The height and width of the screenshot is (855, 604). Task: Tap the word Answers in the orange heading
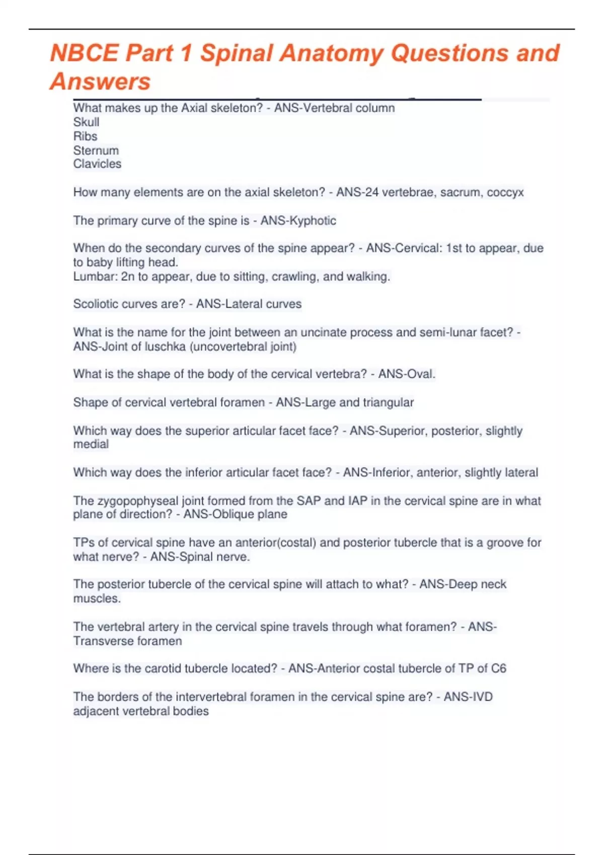coord(100,81)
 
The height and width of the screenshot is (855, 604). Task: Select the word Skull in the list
coord(86,122)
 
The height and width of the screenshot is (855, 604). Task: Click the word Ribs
coord(85,136)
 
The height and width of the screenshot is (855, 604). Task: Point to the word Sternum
coord(96,150)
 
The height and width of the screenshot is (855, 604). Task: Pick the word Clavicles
coord(97,164)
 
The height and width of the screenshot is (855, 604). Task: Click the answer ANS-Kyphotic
coord(298,221)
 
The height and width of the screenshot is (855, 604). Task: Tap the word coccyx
coord(505,193)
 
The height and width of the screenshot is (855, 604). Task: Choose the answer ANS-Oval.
coord(407,374)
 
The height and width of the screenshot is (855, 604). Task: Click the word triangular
coord(388,402)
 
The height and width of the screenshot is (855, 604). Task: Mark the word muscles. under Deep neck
coord(97,598)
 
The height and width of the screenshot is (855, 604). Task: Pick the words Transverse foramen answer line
coord(127,641)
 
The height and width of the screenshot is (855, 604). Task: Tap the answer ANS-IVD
coord(468,697)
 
